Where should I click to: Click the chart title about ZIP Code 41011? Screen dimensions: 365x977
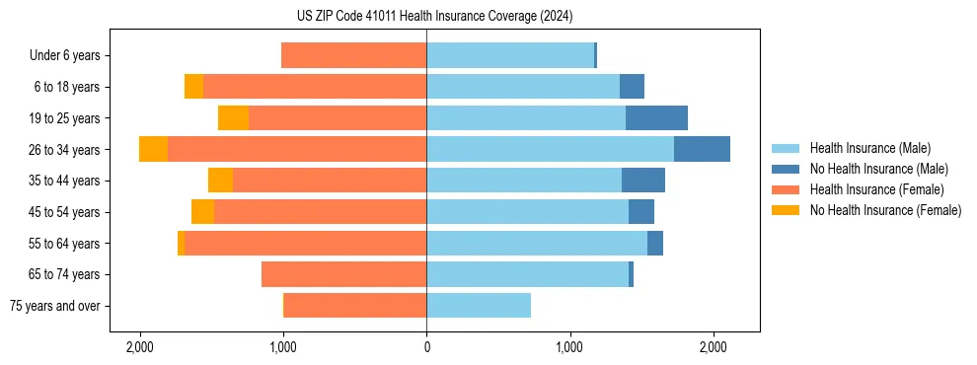tap(434, 17)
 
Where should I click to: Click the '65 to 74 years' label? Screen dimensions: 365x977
tap(66, 274)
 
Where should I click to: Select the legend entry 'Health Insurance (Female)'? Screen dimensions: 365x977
tap(876, 189)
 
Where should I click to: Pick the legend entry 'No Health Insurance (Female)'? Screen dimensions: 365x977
tap(885, 210)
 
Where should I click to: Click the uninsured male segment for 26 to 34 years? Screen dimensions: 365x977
tap(702, 149)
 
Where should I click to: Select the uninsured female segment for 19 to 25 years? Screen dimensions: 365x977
tap(233, 118)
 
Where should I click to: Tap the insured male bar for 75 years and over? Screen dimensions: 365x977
tap(479, 306)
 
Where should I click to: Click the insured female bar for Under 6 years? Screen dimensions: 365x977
tap(353, 56)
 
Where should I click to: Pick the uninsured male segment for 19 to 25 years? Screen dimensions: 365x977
tap(656, 118)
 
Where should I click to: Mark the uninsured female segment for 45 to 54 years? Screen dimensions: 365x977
tap(202, 212)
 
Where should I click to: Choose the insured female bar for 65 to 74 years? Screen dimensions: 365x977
tap(343, 274)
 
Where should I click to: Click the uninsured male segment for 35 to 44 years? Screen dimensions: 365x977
tap(643, 181)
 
